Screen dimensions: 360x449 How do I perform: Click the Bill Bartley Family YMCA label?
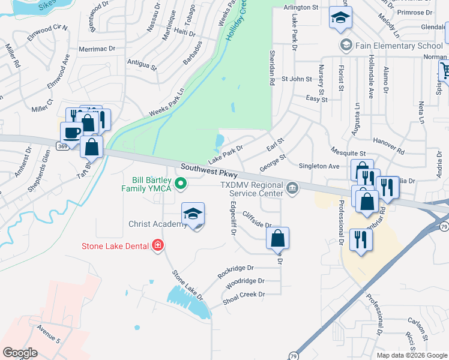[x=152, y=184]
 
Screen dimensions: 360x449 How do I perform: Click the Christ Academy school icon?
[x=193, y=214]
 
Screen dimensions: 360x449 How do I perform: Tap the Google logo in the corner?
[x=20, y=353]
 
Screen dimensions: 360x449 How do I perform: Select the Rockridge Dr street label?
[x=236, y=272]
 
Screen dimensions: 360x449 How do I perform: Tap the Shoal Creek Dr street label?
[x=243, y=295]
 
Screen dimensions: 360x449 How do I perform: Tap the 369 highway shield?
[x=62, y=145]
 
